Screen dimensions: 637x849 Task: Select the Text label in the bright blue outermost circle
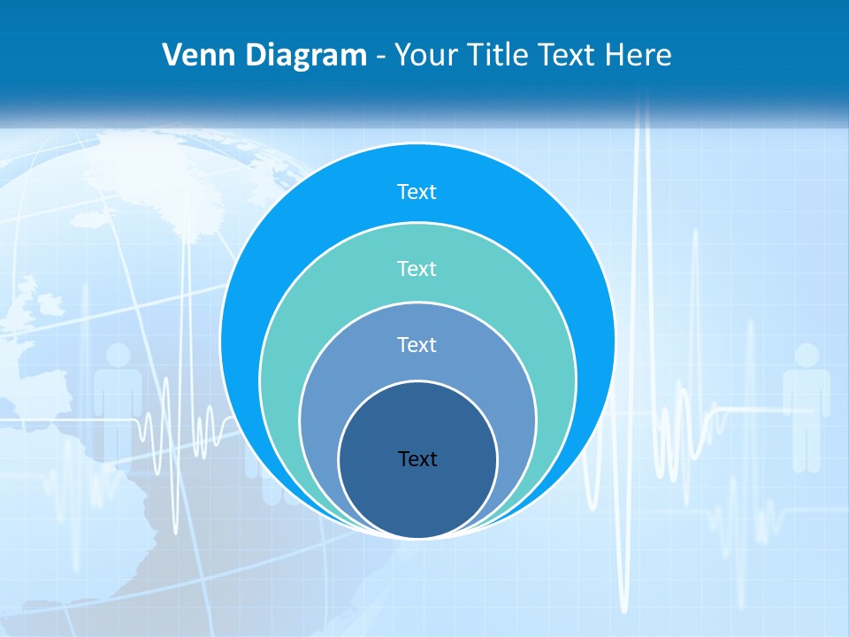click(x=417, y=192)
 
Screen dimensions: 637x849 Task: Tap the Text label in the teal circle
click(x=417, y=268)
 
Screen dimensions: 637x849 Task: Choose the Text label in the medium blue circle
click(x=417, y=344)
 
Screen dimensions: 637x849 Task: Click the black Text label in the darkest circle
click(x=417, y=458)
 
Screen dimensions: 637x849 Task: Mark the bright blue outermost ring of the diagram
click(x=265, y=265)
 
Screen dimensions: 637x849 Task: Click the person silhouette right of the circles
click(x=806, y=403)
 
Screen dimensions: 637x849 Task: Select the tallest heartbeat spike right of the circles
click(x=643, y=265)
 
